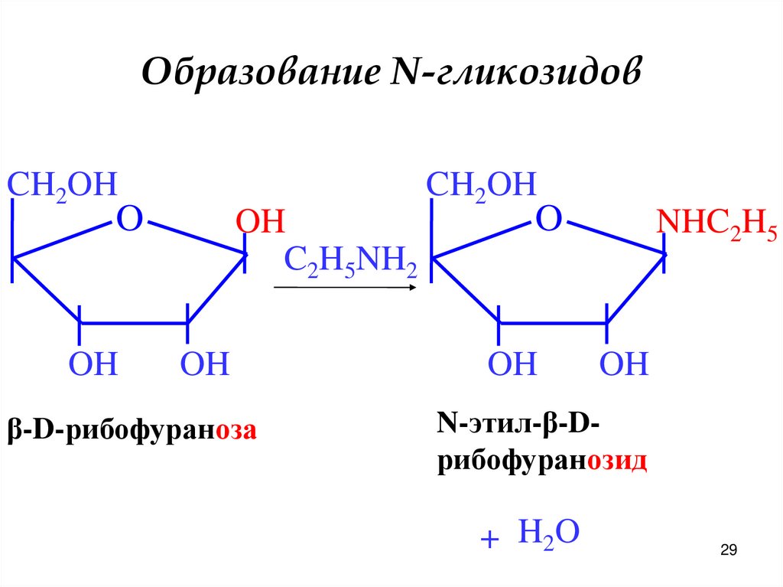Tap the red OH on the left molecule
tap(260, 223)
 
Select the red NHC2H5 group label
tap(716, 223)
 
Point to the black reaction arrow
tap(344, 288)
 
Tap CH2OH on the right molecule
tap(482, 185)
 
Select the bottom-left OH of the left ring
tap(93, 364)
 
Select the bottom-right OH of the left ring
tap(205, 364)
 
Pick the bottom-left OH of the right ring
tap(512, 364)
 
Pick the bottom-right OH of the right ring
tap(624, 364)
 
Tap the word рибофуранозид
tap(542, 462)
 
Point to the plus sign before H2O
tap(489, 540)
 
